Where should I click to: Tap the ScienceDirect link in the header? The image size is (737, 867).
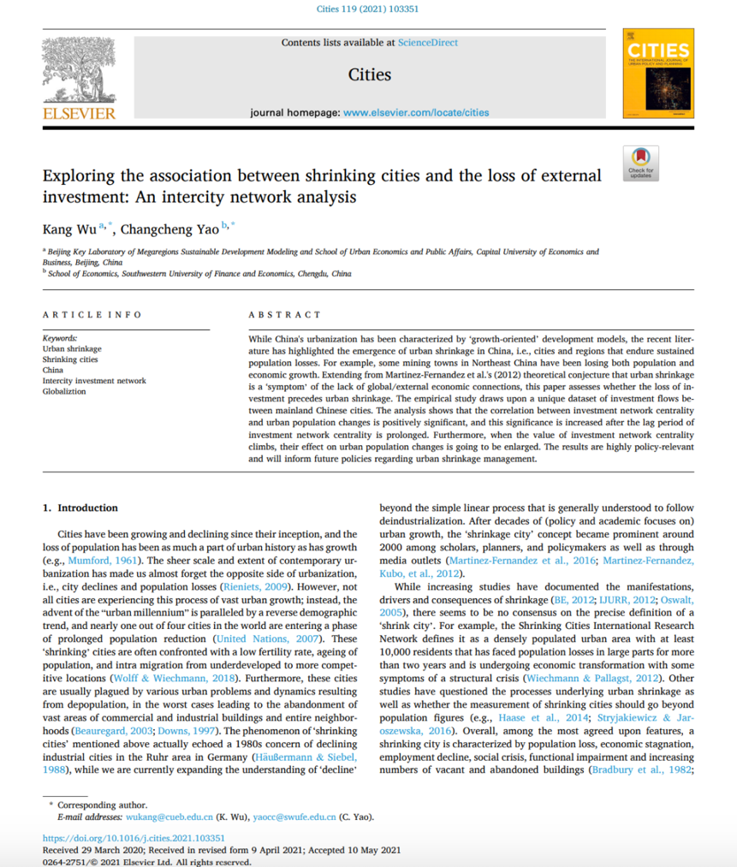(x=427, y=42)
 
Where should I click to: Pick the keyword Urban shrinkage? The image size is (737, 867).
(x=72, y=349)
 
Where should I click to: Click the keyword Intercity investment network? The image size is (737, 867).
(x=94, y=381)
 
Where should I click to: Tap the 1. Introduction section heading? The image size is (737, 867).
(x=81, y=508)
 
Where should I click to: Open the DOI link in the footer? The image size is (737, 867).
(x=134, y=838)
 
